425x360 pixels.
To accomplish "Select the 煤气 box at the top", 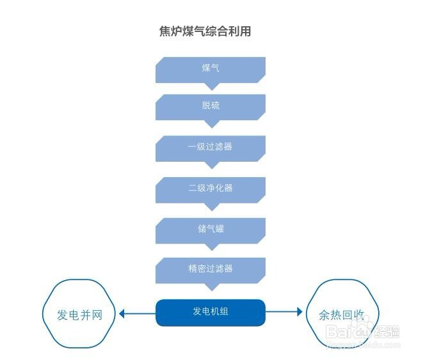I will [x=210, y=68].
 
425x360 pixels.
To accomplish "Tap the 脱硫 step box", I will [x=210, y=106].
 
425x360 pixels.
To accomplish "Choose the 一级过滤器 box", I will [x=210, y=146].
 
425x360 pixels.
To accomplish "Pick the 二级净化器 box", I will [x=210, y=187].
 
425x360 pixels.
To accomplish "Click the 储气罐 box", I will [x=210, y=228].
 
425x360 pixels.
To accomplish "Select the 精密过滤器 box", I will [x=210, y=269].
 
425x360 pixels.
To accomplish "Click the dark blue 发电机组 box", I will [x=210, y=312].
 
